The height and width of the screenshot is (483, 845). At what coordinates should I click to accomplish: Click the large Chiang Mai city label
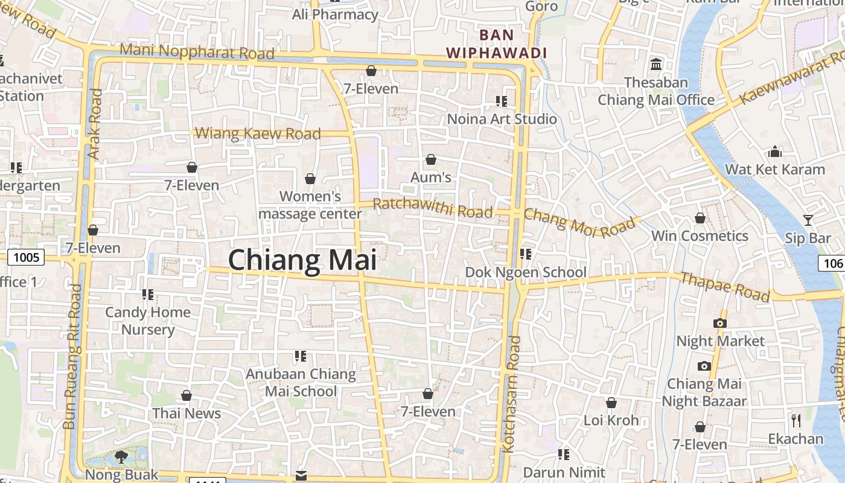(x=302, y=260)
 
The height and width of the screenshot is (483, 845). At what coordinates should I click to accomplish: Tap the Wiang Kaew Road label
(x=258, y=133)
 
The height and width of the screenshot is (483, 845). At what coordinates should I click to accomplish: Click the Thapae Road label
(x=725, y=287)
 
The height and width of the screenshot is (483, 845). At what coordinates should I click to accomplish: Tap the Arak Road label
(x=95, y=124)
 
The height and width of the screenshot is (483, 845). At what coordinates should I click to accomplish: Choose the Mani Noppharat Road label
(x=197, y=51)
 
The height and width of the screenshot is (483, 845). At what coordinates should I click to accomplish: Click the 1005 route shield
(x=26, y=258)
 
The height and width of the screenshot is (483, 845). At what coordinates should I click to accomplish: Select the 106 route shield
(x=832, y=263)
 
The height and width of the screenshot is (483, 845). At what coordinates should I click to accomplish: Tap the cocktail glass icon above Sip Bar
(x=808, y=220)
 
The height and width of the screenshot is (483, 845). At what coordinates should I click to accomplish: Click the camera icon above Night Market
(x=719, y=323)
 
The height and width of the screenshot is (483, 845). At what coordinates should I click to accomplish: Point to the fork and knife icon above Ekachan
(x=796, y=420)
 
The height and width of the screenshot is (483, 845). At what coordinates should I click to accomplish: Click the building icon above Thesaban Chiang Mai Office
(x=656, y=64)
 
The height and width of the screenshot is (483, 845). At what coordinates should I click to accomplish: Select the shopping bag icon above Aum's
(x=431, y=160)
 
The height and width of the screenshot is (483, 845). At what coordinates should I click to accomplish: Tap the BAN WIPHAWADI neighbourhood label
(x=496, y=44)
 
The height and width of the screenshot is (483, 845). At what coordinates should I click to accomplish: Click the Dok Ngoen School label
(x=526, y=272)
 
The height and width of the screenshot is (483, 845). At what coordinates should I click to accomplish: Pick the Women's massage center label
(x=310, y=205)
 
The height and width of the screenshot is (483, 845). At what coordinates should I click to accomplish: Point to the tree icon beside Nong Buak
(x=121, y=456)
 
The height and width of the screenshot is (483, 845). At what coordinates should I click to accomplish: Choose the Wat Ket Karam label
(x=775, y=169)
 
